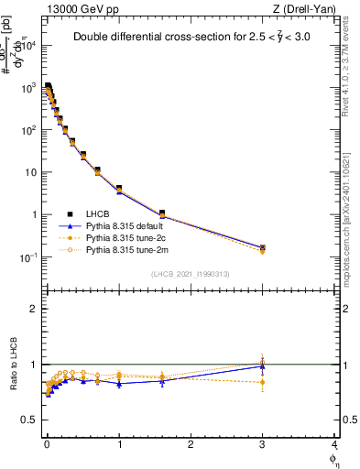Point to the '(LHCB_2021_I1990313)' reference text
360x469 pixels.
tap(190, 274)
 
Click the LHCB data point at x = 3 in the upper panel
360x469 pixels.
tap(263, 247)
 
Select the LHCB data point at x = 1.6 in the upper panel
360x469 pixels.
tap(162, 213)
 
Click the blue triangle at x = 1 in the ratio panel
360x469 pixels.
tap(119, 384)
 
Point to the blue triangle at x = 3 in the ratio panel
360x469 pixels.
tap(263, 366)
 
